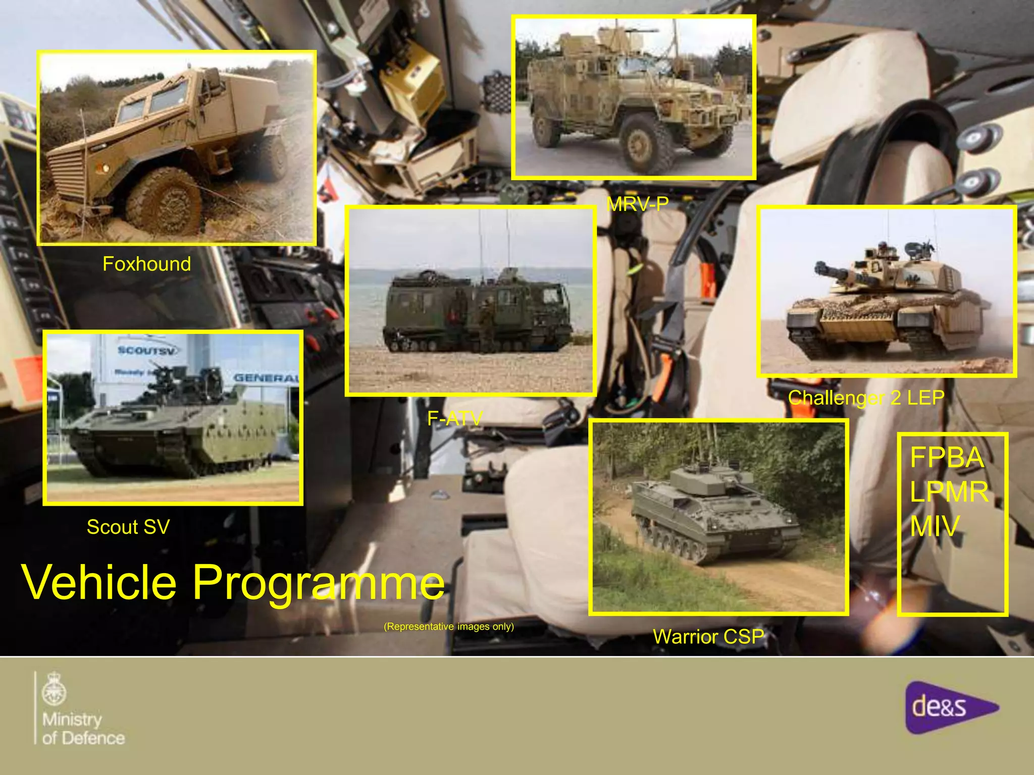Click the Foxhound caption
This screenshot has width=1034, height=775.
tap(146, 264)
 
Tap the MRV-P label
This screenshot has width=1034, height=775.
tap(637, 204)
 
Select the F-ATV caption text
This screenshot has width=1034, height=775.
tap(454, 418)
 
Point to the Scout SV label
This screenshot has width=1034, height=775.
tap(128, 527)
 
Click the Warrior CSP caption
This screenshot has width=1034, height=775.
tap(708, 636)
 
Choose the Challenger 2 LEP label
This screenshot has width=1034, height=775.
tap(866, 398)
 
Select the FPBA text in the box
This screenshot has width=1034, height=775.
tap(947, 458)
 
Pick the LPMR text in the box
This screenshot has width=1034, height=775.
tap(949, 491)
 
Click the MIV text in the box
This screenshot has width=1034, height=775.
tap(934, 526)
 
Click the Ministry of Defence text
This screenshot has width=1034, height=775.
tap(83, 729)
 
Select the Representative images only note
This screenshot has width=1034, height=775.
tap(448, 627)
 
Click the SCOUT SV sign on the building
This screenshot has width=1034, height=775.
tap(146, 350)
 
